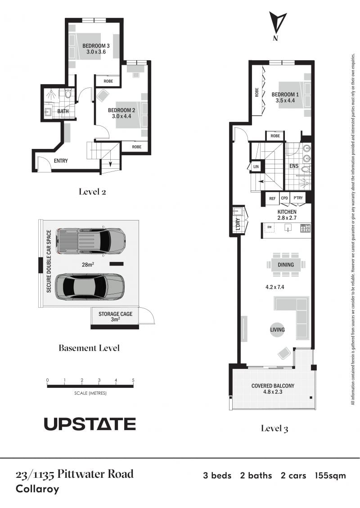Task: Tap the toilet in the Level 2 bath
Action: click(x=67, y=94)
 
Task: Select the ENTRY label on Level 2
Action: click(x=61, y=161)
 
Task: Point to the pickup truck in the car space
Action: click(x=91, y=241)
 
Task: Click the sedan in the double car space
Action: click(x=90, y=287)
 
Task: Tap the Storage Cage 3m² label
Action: click(x=115, y=316)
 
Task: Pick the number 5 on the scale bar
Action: click(x=133, y=380)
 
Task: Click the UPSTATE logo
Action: click(x=90, y=424)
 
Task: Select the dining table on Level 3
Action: click(x=286, y=265)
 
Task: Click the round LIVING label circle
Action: click(x=277, y=330)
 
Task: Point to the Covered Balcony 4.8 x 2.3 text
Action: click(x=273, y=389)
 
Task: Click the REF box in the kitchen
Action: click(x=272, y=198)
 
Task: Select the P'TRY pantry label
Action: click(x=298, y=198)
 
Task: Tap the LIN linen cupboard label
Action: click(x=256, y=166)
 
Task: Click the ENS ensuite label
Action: click(x=294, y=166)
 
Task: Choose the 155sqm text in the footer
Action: click(x=330, y=476)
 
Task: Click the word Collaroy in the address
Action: click(x=37, y=489)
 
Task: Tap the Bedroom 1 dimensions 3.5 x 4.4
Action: click(x=285, y=100)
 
